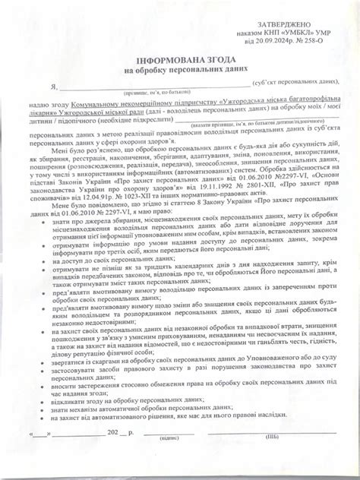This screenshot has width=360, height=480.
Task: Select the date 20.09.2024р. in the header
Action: coord(276,46)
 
